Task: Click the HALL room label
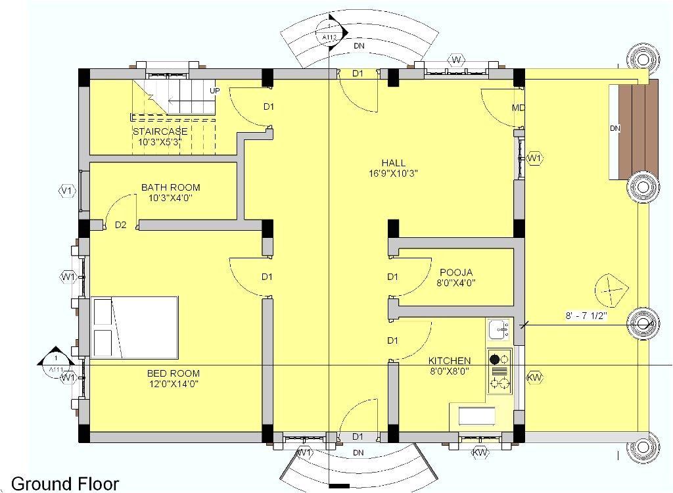[393, 163]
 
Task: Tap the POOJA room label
[456, 272]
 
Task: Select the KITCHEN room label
[450, 361]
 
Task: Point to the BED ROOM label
[174, 373]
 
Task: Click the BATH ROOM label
[170, 187]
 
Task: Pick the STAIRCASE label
[160, 131]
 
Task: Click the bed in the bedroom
[135, 327]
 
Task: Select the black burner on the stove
[494, 359]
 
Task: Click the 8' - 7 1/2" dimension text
[586, 316]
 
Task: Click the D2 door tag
[120, 225]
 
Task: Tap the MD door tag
[518, 108]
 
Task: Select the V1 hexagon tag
[66, 191]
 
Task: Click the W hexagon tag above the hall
[457, 60]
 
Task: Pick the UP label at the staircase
[215, 91]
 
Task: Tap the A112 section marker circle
[330, 34]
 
